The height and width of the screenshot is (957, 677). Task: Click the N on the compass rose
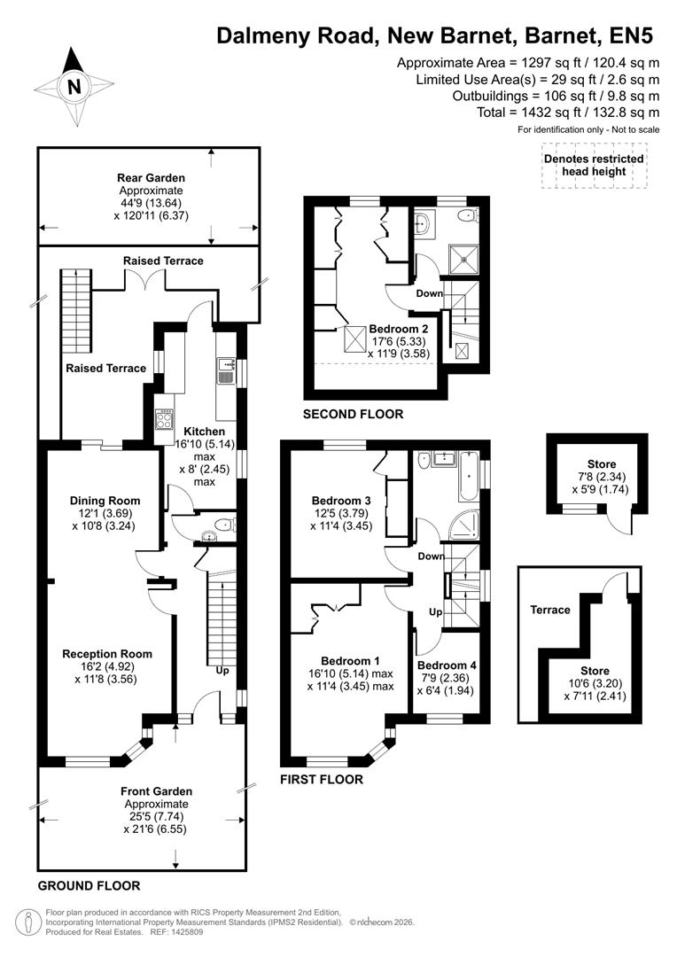click(74, 86)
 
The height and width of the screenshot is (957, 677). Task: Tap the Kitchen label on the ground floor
click(198, 432)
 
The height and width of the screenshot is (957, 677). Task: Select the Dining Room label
click(105, 501)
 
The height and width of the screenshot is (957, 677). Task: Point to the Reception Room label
click(106, 654)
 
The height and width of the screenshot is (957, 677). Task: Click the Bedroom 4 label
click(447, 665)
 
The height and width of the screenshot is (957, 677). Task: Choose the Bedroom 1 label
click(350, 661)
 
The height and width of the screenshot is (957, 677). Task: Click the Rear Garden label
click(151, 177)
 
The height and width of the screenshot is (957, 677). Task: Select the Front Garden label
click(156, 791)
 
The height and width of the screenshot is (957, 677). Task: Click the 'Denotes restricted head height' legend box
click(593, 165)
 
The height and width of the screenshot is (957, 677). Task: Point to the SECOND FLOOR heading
click(353, 414)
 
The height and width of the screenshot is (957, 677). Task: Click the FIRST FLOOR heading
click(321, 780)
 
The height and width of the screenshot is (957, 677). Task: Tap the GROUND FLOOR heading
click(89, 885)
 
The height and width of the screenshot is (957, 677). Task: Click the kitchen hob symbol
click(164, 420)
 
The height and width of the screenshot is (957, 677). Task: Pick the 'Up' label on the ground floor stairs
click(222, 671)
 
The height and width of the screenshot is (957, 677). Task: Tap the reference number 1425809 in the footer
click(190, 932)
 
